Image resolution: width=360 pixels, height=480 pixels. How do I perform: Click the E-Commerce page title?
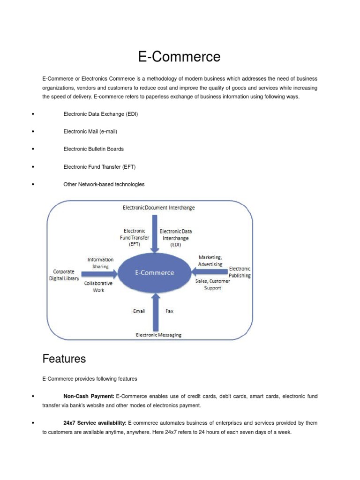[179, 57]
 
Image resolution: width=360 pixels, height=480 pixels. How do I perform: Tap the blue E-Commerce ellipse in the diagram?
[154, 272]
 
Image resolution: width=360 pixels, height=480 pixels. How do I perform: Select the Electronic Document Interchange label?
[158, 207]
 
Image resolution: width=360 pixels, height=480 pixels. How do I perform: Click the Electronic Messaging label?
[158, 335]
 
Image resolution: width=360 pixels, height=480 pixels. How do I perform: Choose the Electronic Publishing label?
[240, 272]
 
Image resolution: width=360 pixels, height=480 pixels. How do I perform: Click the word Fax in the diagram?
[169, 311]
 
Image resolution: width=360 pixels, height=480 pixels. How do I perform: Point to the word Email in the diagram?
[139, 311]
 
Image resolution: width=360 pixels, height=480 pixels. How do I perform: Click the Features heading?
[64, 359]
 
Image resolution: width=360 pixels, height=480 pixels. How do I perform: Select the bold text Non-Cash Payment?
[89, 397]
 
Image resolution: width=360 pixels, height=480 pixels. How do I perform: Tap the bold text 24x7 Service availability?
[95, 423]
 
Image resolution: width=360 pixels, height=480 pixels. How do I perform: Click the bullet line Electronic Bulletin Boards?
[93, 149]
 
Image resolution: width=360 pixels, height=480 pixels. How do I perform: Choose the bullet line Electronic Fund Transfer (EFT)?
[99, 167]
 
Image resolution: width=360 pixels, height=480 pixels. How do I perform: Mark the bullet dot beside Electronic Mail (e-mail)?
[33, 132]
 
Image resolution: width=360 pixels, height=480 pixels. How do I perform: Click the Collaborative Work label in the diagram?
[98, 287]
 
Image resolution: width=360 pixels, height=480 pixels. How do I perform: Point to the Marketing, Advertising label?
[210, 261]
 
